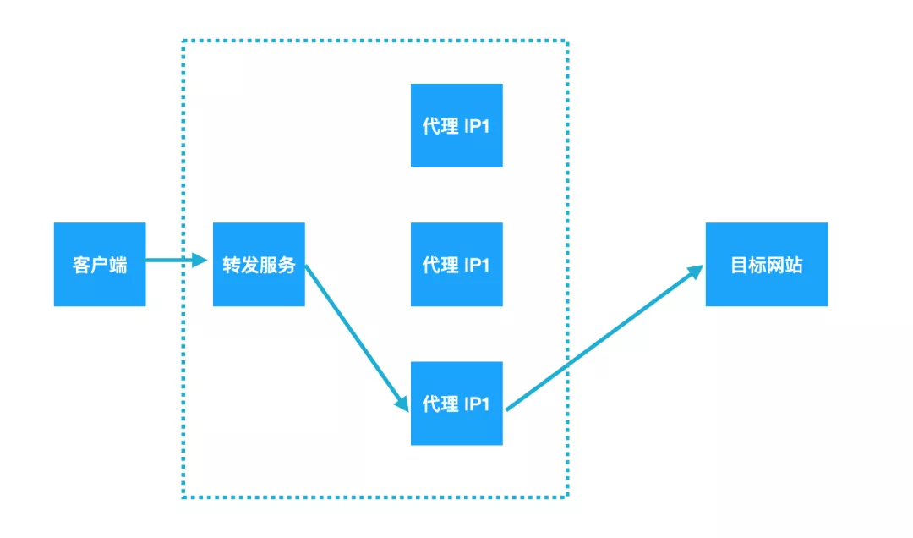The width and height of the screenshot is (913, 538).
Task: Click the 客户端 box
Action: pos(100,264)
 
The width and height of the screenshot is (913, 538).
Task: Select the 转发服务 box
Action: pos(259,264)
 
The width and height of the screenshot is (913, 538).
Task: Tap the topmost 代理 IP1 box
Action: pos(456,125)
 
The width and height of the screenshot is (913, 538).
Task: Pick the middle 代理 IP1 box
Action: pos(456,264)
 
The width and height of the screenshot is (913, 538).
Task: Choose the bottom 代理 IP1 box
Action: pos(456,403)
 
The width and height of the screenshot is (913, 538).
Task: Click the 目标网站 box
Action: pos(766,264)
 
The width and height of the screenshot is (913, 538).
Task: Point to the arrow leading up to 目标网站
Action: pos(604,338)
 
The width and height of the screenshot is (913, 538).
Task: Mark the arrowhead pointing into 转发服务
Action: pos(200,261)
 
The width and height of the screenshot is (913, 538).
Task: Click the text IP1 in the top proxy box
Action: pos(477,126)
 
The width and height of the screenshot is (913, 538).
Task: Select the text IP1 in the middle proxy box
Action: pos(477,265)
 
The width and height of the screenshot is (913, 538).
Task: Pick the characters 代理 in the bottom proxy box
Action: pos(440,404)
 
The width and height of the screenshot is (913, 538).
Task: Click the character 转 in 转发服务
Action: pos(232,265)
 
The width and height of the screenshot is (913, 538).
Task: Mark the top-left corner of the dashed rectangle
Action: pos(183,41)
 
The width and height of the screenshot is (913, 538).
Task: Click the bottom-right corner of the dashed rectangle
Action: pos(566,497)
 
